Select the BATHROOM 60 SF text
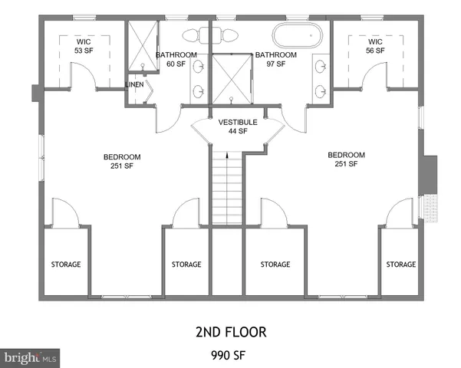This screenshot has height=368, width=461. tap(176, 60)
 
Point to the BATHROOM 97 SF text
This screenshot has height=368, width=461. tap(275, 60)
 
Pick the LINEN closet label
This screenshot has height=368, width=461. tap(136, 84)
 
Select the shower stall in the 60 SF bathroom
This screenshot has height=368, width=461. tap(141, 48)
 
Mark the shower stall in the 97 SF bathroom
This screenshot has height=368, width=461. tap(233, 77)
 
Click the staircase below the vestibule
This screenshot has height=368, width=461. tap(227, 189)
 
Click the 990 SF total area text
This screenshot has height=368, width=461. tap(230, 355)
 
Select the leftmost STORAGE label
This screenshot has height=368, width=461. tap(66, 264)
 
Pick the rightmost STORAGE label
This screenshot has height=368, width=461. tap(400, 264)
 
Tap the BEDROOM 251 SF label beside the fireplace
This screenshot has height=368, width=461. tap(346, 159)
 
